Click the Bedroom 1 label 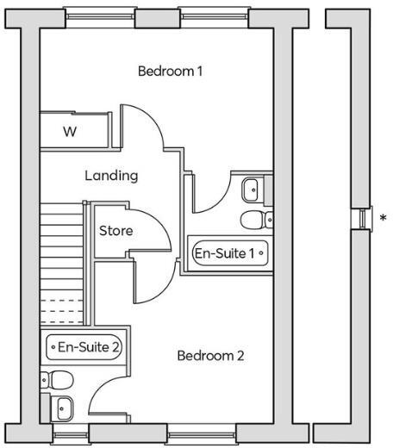click(170, 71)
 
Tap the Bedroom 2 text click(211, 355)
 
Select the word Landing click(111, 176)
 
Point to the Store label click(115, 231)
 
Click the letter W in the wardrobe click(69, 133)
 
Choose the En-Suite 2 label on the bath click(87, 346)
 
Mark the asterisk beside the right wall click(383, 219)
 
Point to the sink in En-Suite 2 click(62, 407)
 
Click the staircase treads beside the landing click(60, 246)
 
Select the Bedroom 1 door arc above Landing click(142, 129)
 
